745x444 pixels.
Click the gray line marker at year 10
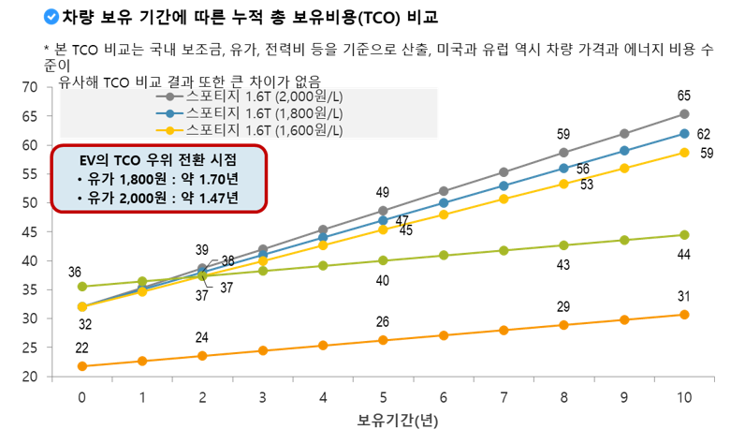[684, 114]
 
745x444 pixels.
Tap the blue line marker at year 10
[684, 134]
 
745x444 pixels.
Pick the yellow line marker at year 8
[563, 184]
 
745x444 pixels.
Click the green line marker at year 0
[82, 287]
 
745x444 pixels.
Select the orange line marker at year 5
[383, 340]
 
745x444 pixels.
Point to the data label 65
[684, 96]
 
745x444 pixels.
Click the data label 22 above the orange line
[82, 348]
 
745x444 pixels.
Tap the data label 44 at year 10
[684, 255]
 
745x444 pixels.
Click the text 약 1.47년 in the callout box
[212, 197]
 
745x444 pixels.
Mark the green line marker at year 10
[684, 235]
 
